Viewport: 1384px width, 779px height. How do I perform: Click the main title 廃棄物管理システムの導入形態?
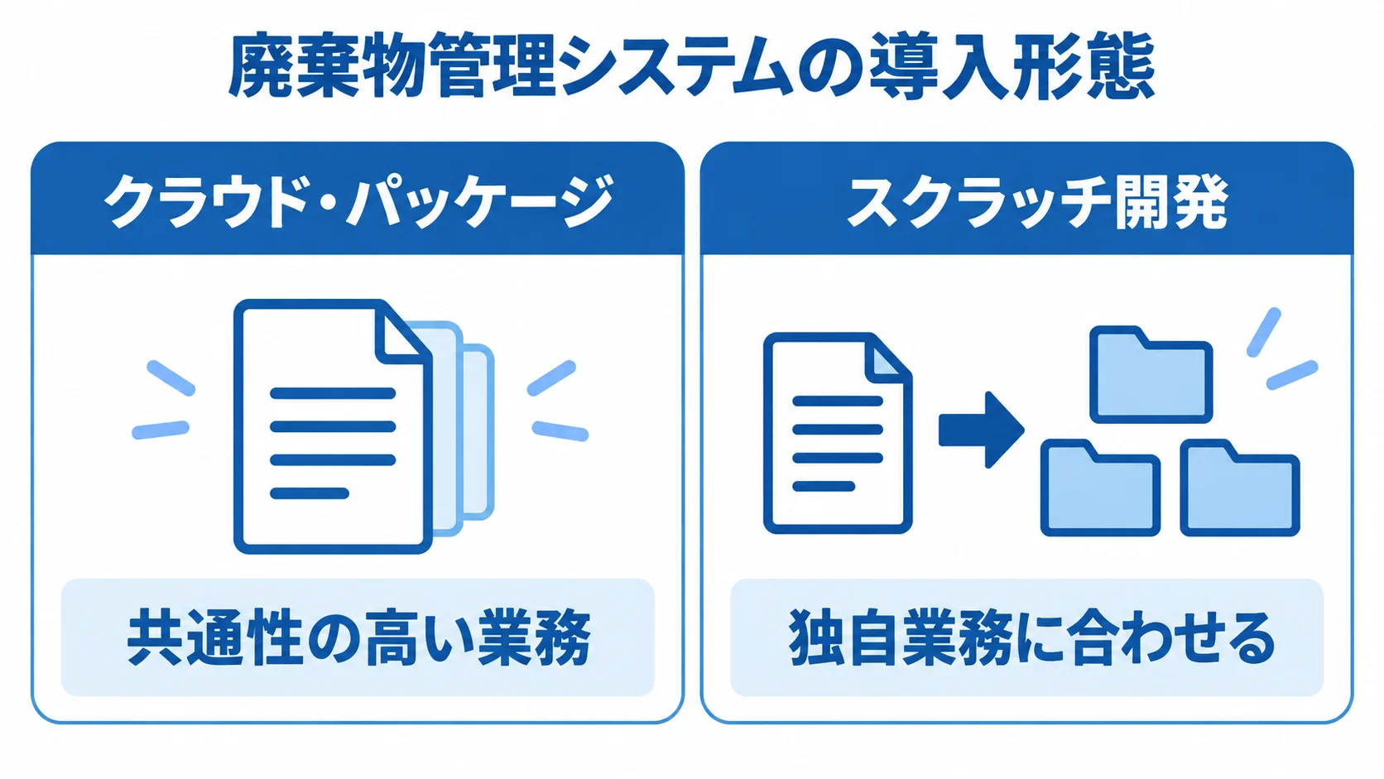[691, 66]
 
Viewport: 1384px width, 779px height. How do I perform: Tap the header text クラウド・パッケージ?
[358, 201]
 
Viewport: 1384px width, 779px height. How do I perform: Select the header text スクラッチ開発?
[1037, 201]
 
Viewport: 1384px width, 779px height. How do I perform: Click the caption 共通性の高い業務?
[358, 637]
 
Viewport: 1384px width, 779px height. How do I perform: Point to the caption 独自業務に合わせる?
[1032, 637]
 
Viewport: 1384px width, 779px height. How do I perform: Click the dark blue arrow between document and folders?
[982, 430]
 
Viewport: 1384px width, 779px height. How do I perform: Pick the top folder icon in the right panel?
[1151, 374]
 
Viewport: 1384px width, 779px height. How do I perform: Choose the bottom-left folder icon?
[1100, 488]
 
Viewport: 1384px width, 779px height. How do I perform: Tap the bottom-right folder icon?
[1240, 488]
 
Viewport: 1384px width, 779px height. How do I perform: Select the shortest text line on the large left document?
[310, 493]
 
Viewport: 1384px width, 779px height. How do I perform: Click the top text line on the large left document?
[333, 393]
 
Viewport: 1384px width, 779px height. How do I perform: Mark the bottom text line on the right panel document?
[824, 486]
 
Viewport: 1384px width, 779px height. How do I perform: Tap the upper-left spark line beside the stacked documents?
[171, 377]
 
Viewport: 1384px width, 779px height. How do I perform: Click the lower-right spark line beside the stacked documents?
[560, 430]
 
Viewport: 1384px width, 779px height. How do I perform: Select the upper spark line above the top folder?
[1263, 332]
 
